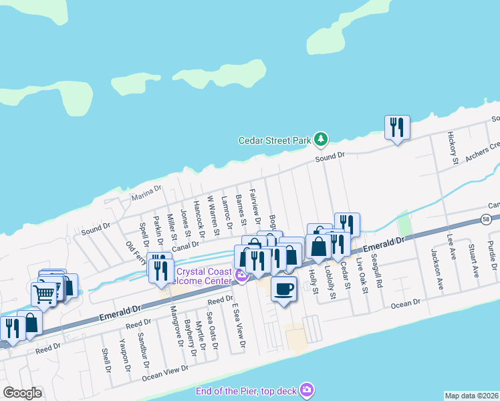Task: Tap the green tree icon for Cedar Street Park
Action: tap(322, 139)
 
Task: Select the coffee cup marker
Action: tap(284, 289)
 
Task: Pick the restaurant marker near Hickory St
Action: tap(397, 127)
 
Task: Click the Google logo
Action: tap(22, 393)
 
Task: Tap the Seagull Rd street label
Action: tap(378, 274)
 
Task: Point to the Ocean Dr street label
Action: tap(406, 302)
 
